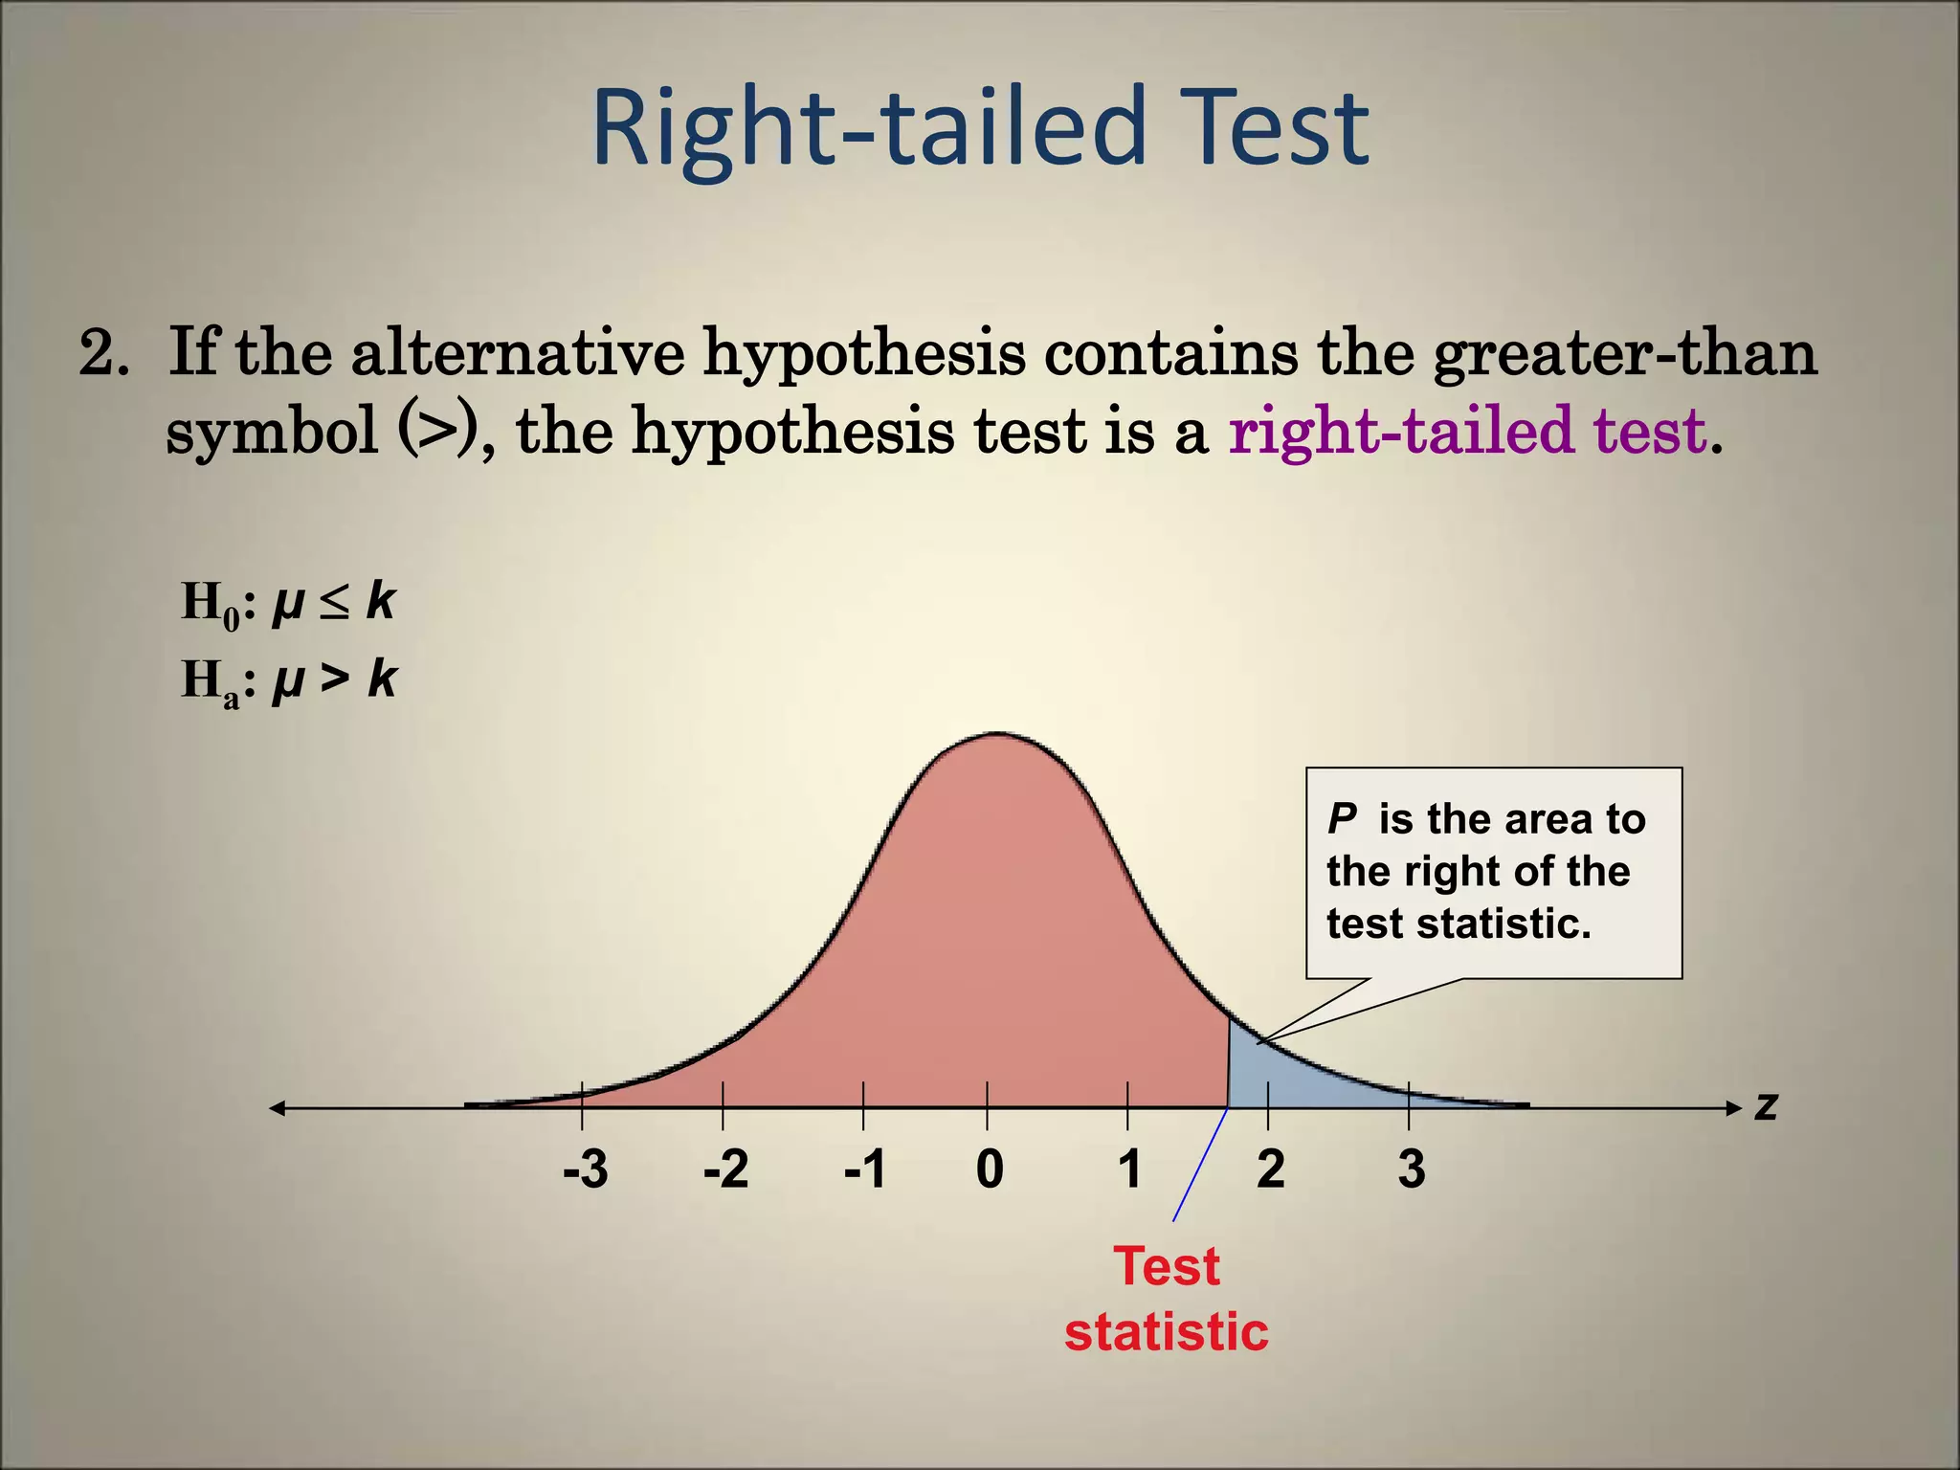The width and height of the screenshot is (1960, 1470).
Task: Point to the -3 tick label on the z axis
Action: point(585,1169)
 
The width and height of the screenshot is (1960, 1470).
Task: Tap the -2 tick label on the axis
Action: point(725,1169)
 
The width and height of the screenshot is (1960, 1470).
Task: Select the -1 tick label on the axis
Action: point(865,1169)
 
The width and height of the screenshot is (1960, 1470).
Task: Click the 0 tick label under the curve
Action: point(990,1169)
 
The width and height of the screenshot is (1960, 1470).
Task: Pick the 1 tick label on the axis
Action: point(1129,1169)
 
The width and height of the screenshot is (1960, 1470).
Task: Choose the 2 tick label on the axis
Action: point(1270,1169)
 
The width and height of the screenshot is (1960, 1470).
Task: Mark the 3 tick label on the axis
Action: point(1411,1169)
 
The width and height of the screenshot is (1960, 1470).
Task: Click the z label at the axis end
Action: point(1766,1107)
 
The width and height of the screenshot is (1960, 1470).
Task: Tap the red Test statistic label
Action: point(1167,1299)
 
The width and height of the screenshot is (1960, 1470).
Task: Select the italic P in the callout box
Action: point(1342,819)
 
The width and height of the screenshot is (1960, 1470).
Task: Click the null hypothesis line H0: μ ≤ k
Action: point(288,604)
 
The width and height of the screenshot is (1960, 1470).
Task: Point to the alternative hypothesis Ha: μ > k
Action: point(288,681)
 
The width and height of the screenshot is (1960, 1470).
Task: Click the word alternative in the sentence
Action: point(518,352)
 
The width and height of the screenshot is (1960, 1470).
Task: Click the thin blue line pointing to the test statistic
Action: point(1200,1165)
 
